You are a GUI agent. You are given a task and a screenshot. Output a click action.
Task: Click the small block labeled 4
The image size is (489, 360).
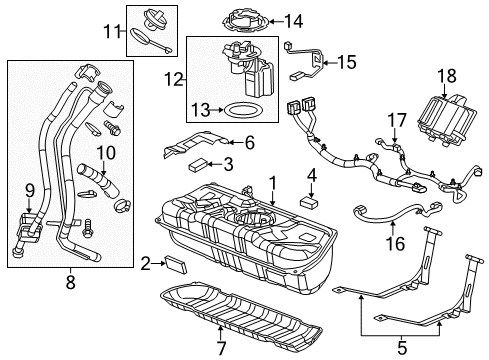[x=310, y=200]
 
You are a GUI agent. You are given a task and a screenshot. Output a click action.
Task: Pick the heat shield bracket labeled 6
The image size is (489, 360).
[x=200, y=145]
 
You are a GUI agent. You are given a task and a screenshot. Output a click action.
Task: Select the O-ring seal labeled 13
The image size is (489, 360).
[x=239, y=109]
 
